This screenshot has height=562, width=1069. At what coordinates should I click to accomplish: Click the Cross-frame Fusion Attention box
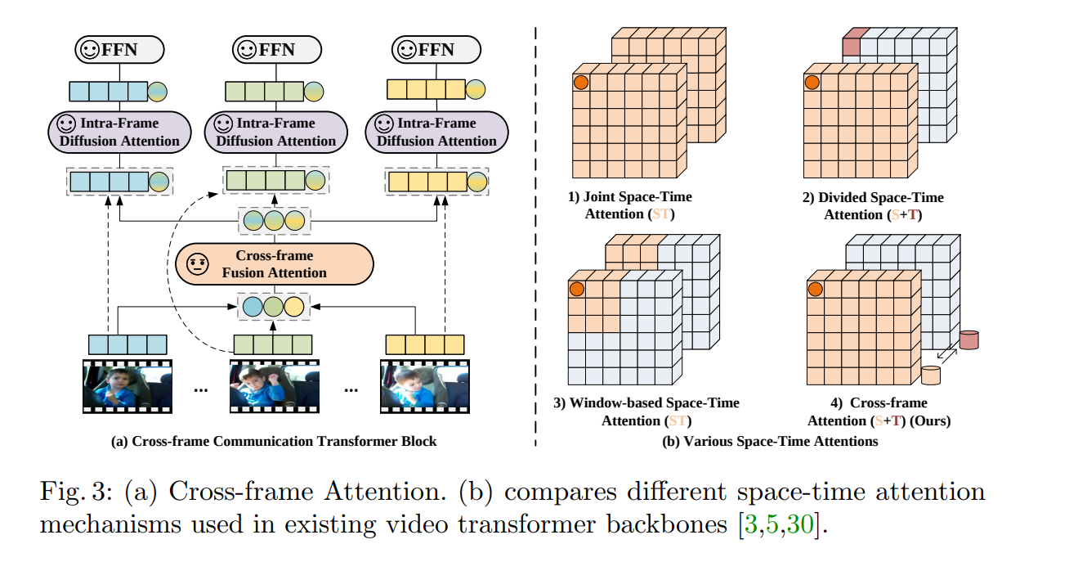[275, 263]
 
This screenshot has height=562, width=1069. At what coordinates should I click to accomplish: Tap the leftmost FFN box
[119, 51]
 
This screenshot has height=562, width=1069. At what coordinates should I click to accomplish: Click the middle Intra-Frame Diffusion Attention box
[275, 132]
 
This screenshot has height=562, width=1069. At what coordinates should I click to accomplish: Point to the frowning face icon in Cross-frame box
[196, 263]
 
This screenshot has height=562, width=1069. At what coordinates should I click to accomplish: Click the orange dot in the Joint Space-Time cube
[580, 82]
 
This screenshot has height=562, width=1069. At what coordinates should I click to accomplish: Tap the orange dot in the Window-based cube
[577, 289]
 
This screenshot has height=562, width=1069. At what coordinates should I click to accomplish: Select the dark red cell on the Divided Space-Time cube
[853, 37]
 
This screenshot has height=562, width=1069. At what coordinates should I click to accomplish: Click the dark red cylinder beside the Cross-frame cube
[970, 339]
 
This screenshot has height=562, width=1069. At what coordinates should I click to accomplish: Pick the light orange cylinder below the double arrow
[931, 375]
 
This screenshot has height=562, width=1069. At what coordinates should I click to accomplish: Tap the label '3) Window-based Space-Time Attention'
[646, 411]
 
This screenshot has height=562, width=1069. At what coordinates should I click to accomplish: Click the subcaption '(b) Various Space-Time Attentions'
[772, 442]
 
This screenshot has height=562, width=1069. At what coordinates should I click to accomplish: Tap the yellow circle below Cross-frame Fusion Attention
[294, 307]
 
